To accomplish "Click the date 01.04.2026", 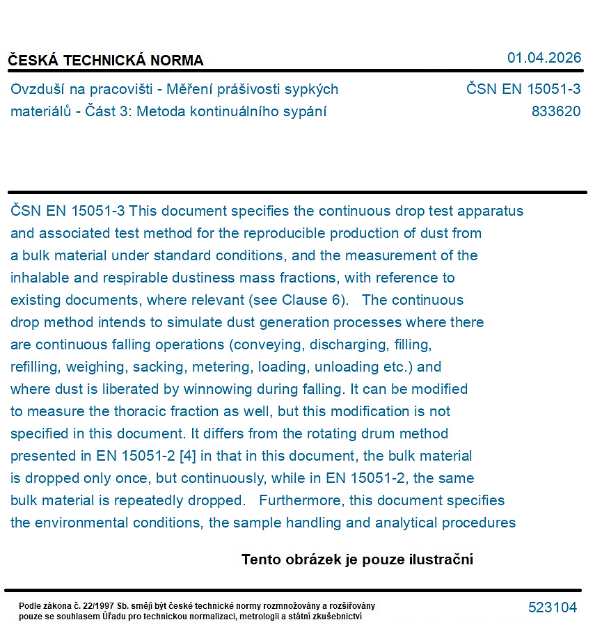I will click(544, 58).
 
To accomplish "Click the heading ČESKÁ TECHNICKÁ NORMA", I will click(106, 61).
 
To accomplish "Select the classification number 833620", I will click(555, 111).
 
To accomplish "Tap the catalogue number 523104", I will click(552, 607).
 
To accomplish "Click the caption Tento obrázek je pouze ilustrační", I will click(357, 559).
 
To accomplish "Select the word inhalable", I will click(40, 278).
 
